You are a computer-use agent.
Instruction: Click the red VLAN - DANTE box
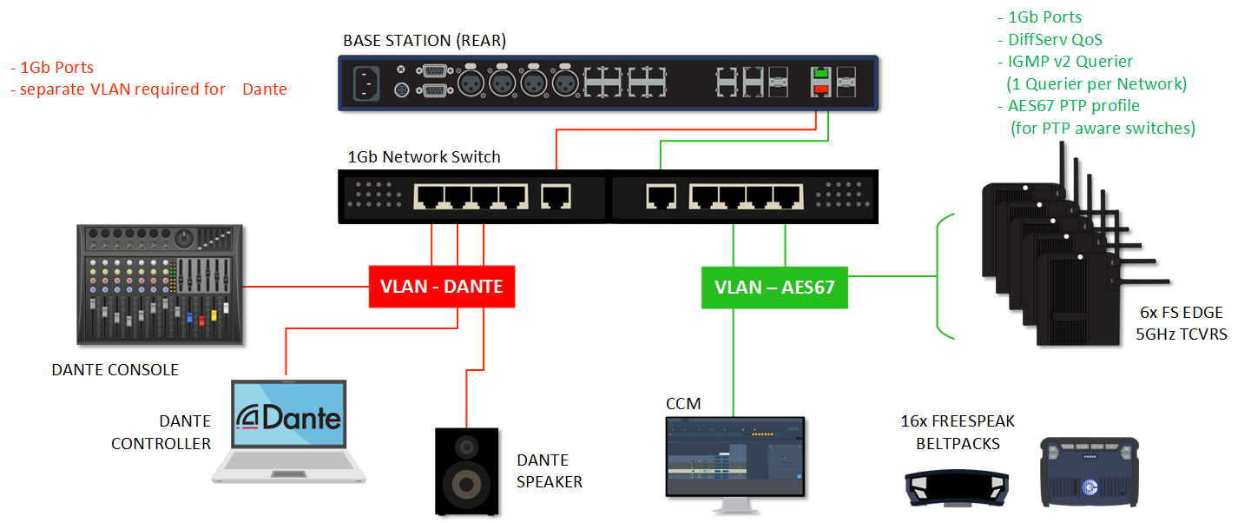442,286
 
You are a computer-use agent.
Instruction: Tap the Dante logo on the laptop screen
289,418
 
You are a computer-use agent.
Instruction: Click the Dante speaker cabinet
467,470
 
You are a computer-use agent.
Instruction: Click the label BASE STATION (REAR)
425,41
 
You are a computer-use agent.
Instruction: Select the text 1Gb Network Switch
424,157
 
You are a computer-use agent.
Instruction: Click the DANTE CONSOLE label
115,370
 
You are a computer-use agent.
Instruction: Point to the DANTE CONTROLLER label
161,433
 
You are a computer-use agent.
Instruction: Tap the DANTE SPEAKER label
550,471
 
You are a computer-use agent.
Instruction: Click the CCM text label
682,404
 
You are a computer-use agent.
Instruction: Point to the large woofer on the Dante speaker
467,483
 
